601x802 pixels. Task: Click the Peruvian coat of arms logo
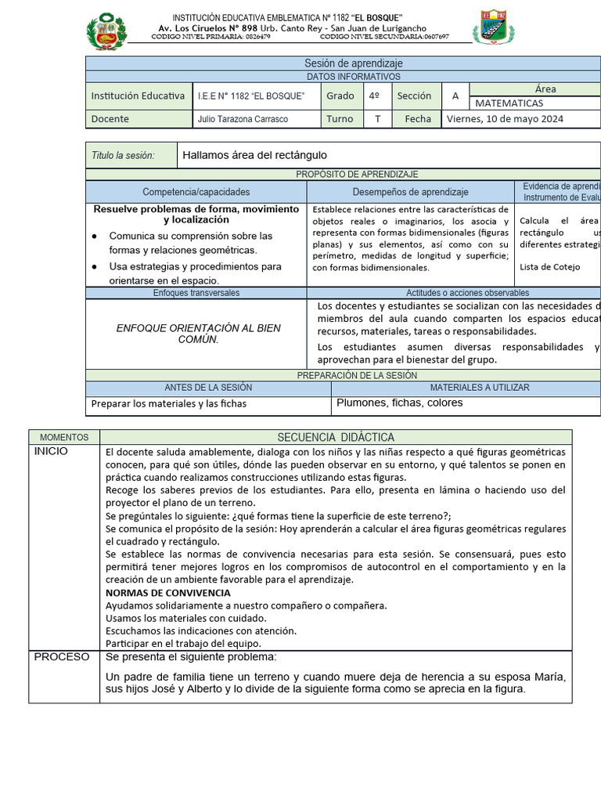[106, 31]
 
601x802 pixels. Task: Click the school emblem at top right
[493, 27]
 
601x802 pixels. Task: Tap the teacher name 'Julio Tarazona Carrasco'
[243, 119]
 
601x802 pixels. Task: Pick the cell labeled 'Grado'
[340, 96]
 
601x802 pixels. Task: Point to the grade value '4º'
[374, 96]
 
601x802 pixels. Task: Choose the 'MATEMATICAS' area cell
[509, 103]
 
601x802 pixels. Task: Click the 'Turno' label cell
[340, 119]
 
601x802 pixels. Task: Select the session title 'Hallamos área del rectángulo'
[255, 155]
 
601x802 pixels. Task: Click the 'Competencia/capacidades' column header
[196, 192]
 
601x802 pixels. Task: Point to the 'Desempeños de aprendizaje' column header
[411, 192]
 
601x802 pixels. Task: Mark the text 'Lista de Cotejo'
[550, 267]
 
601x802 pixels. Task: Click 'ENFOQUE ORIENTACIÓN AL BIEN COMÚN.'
[198, 334]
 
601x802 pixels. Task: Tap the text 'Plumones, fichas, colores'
[400, 403]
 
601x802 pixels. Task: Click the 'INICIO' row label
[52, 452]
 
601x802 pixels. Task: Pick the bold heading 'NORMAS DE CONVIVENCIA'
[167, 593]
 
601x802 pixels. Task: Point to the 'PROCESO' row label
[62, 657]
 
